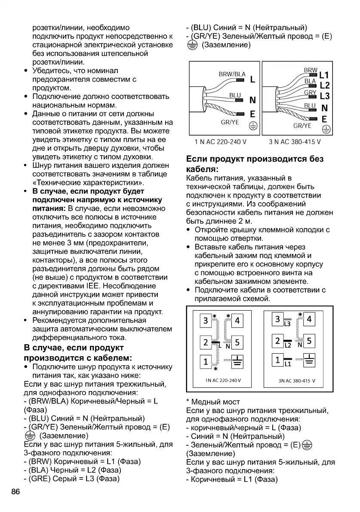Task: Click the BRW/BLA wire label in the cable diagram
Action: click(232, 74)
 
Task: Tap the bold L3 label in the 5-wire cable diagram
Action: click(325, 96)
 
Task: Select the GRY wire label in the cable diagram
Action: click(310, 93)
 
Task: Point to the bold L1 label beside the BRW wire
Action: click(324, 75)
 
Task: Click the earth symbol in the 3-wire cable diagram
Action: click(254, 126)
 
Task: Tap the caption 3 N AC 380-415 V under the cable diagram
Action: click(295, 142)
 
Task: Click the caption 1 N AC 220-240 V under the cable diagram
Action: click(221, 142)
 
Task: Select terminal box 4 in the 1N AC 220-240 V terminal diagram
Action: click(237, 321)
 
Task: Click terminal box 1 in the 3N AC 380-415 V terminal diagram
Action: click(277, 360)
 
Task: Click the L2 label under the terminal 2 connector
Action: click(288, 345)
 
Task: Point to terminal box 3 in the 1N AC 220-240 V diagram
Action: click(206, 321)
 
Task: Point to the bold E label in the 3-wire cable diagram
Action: click(253, 114)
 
